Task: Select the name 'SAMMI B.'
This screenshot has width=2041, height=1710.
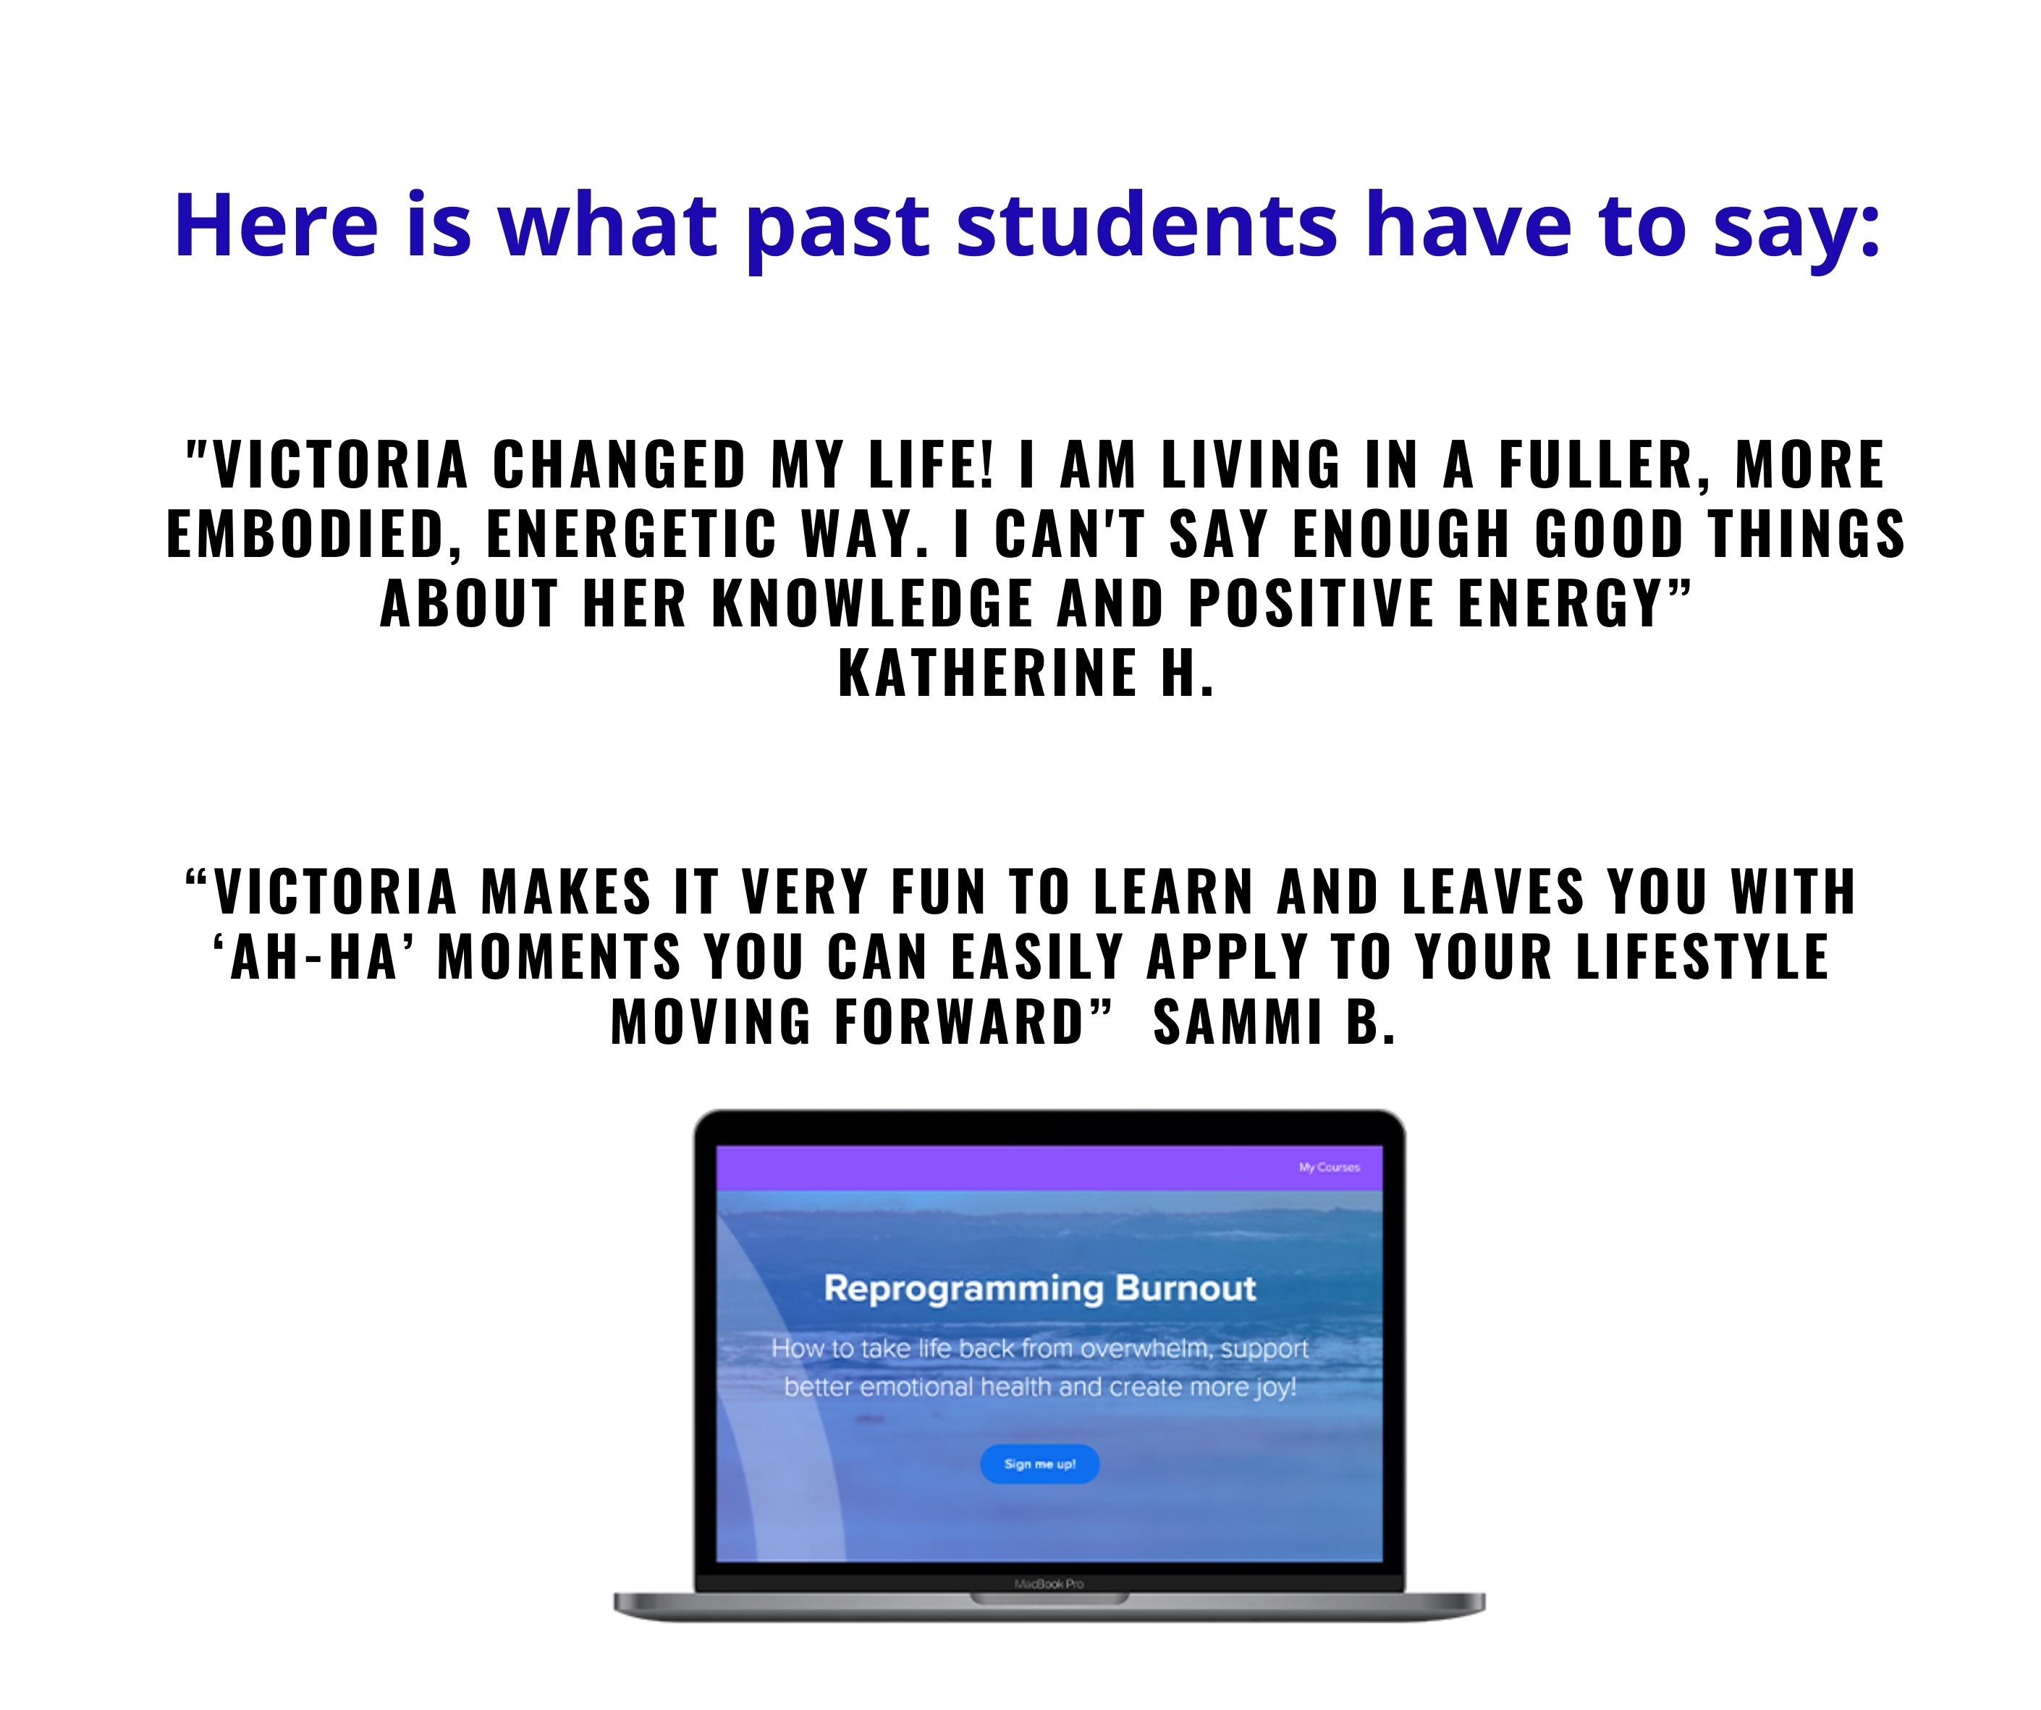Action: coord(1274,1022)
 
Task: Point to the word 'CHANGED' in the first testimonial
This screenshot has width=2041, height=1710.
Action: coord(619,464)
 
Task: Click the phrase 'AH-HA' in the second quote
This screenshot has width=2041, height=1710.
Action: coord(314,956)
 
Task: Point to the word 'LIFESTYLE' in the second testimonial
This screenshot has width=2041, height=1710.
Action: coord(1702,956)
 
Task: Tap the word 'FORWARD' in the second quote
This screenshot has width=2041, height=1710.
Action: coord(958,1022)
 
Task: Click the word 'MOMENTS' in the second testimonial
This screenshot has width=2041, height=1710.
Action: coord(559,956)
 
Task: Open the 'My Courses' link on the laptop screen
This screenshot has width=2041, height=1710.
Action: coord(1329,1167)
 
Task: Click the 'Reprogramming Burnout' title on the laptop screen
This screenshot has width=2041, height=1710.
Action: coord(1040,1288)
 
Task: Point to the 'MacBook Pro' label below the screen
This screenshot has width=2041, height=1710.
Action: coord(1049,1583)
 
